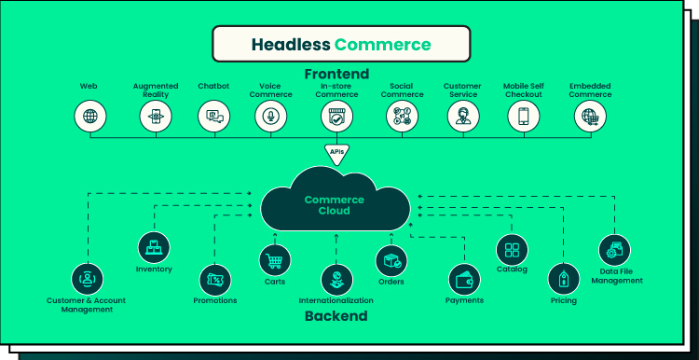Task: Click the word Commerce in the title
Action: (x=382, y=45)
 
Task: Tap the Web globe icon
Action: (x=90, y=116)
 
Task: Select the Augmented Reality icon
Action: (x=156, y=117)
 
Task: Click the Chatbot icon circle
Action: (x=214, y=116)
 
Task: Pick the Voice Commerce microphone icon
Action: (x=270, y=116)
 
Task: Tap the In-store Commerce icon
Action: (x=336, y=116)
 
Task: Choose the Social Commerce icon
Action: (x=402, y=116)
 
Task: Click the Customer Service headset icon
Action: (x=463, y=116)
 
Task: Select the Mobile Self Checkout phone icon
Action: (x=524, y=116)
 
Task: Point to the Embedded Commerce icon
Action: (x=590, y=116)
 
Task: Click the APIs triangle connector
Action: (x=336, y=153)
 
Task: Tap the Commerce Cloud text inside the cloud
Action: (x=335, y=205)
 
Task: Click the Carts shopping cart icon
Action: (x=275, y=260)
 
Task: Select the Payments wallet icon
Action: (x=464, y=280)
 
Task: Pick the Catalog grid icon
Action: (x=512, y=250)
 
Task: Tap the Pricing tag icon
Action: (x=564, y=279)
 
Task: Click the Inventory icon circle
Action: (x=154, y=247)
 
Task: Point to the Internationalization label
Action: (x=336, y=300)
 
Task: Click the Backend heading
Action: (x=336, y=316)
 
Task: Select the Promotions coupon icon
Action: (x=215, y=280)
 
